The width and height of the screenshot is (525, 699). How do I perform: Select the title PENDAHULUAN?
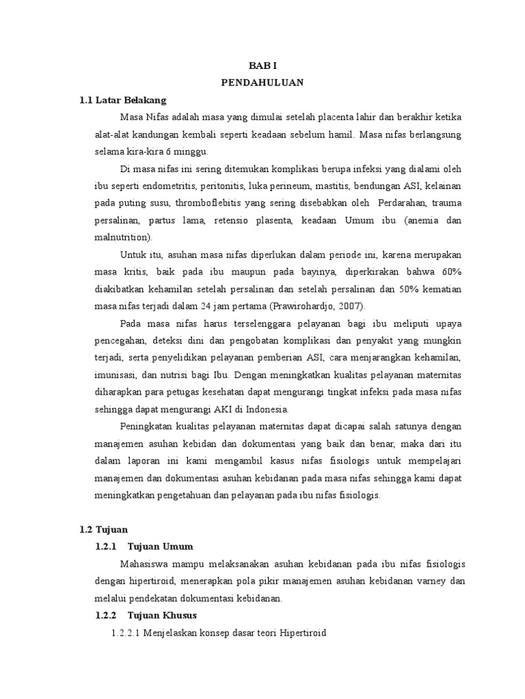(x=262, y=83)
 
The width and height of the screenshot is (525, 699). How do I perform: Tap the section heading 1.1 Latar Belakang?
(x=122, y=100)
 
